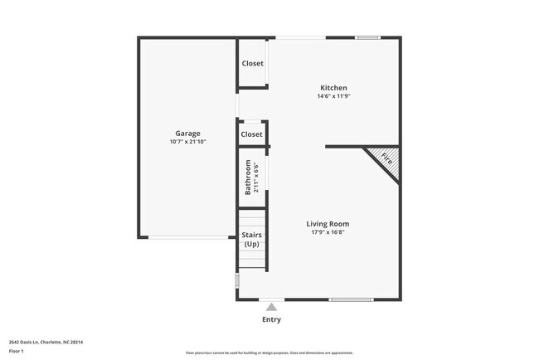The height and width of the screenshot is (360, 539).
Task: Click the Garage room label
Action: tap(187, 134)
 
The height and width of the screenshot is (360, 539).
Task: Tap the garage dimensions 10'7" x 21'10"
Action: tap(187, 142)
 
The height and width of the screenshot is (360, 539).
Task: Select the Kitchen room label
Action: tap(334, 88)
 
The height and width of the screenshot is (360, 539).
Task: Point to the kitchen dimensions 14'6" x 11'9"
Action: tap(334, 96)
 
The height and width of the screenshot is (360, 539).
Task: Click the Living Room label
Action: tap(328, 224)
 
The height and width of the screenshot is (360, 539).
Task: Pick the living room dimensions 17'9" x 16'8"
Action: tap(328, 232)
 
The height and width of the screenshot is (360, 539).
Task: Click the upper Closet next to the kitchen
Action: tap(252, 64)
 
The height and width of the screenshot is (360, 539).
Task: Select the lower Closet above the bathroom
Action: tap(251, 134)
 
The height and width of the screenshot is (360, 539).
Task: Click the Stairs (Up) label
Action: tap(251, 240)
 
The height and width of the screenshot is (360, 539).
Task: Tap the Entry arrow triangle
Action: tap(271, 307)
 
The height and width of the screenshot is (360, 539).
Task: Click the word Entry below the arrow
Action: tap(271, 319)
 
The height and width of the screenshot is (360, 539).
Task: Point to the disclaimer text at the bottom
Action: tap(269, 353)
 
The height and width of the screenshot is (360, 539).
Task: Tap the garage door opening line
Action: tap(187, 238)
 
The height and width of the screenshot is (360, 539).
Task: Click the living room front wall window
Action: tap(351, 299)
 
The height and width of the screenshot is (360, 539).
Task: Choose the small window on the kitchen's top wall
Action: tap(367, 37)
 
